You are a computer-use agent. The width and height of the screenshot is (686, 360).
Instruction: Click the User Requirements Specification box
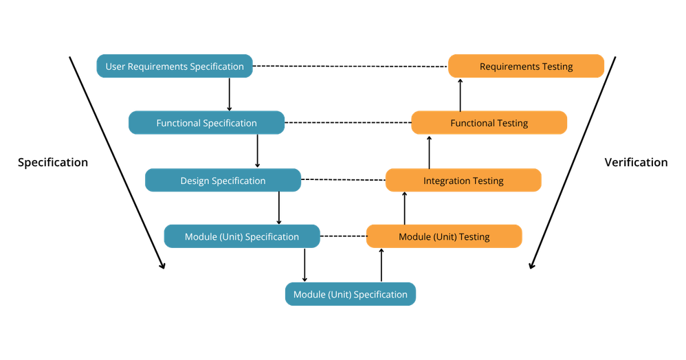pyautogui.click(x=175, y=66)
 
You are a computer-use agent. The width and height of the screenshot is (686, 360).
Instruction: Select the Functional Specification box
pyautogui.click(x=206, y=122)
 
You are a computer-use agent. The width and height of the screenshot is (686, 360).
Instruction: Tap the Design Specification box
pyautogui.click(x=223, y=180)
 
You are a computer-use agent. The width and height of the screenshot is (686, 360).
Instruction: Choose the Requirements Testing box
pyautogui.click(x=527, y=66)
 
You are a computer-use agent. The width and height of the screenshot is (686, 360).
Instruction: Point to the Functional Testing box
pyautogui.click(x=489, y=122)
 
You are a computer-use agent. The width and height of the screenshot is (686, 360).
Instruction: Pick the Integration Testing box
pyautogui.click(x=463, y=180)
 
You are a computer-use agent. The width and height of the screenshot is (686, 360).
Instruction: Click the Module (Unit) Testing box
pyautogui.click(x=444, y=236)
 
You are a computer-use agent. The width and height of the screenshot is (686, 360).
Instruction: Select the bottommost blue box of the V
pyautogui.click(x=351, y=294)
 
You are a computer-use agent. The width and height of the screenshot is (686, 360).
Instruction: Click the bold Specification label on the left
pyautogui.click(x=53, y=162)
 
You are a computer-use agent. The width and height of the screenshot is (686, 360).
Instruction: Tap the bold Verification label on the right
pyautogui.click(x=636, y=162)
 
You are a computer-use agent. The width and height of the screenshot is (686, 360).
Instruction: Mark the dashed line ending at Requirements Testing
pyautogui.click(x=351, y=67)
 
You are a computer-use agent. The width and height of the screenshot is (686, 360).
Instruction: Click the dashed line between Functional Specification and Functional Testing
pyautogui.click(x=348, y=122)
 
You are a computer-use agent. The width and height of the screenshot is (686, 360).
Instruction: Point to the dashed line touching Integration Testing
pyautogui.click(x=344, y=179)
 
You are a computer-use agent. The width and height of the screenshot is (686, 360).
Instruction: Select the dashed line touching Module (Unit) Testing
pyautogui.click(x=343, y=236)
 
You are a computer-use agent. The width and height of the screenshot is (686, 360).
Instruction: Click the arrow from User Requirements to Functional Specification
pyautogui.click(x=230, y=95)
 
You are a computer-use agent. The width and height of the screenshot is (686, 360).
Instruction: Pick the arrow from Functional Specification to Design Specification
pyautogui.click(x=257, y=151)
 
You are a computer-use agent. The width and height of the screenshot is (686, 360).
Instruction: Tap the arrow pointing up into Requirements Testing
pyautogui.click(x=461, y=95)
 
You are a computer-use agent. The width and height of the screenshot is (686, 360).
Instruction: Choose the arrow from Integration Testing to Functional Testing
pyautogui.click(x=429, y=153)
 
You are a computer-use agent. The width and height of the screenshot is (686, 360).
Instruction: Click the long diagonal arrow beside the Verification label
pyautogui.click(x=573, y=162)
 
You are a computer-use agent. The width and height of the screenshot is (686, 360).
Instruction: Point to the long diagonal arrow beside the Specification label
pyautogui.click(x=117, y=162)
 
